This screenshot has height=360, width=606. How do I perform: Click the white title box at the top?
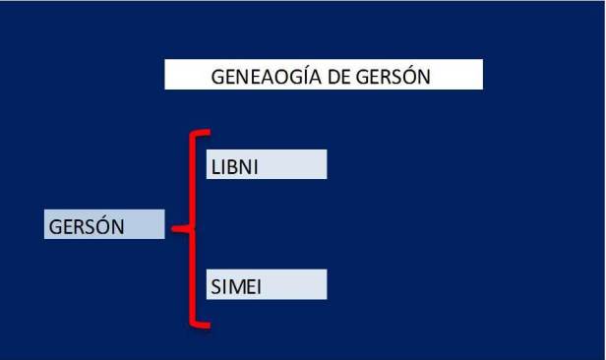tap(324, 76)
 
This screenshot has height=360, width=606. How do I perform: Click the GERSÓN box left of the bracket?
tap(103, 225)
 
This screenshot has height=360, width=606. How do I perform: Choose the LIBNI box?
tap(266, 164)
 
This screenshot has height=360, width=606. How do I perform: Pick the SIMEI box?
tap(266, 285)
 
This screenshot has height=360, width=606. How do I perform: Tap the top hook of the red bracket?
tap(203, 133)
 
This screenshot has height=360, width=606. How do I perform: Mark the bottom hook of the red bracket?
tap(203, 324)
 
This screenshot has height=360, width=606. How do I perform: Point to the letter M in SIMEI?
tap(234, 286)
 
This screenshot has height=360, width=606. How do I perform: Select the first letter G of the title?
tap(218, 77)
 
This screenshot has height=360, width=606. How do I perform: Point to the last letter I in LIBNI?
tap(254, 165)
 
